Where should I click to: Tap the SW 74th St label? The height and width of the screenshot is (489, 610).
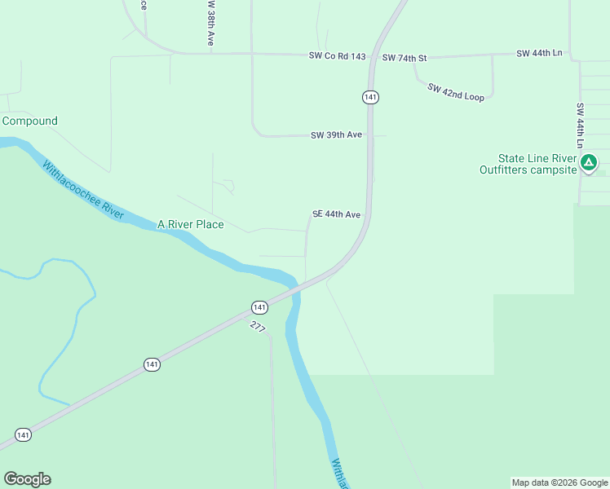coord(404,58)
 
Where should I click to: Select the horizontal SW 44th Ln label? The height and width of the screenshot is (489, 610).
coord(539,53)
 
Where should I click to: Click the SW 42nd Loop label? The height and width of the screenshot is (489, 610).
coord(456,92)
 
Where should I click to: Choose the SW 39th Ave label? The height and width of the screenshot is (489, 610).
coord(336,135)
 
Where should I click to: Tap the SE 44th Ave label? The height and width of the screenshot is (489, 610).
coord(336,214)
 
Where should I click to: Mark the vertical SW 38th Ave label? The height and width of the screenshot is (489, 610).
coord(210,22)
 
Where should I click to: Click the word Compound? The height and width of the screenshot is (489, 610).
coord(30,121)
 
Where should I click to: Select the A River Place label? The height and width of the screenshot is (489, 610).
coord(190,224)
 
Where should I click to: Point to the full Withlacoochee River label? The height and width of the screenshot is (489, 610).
coord(82,190)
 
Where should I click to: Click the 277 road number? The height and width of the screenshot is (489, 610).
coord(258,327)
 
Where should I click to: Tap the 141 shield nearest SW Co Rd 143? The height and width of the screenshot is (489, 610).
coord(370,97)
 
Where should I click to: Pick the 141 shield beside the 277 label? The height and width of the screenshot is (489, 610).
coord(259,307)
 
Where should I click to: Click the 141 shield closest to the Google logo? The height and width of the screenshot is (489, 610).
coord(23,435)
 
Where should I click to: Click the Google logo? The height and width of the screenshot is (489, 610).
coord(27,479)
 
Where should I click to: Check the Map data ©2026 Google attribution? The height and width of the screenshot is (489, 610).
coord(559,482)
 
